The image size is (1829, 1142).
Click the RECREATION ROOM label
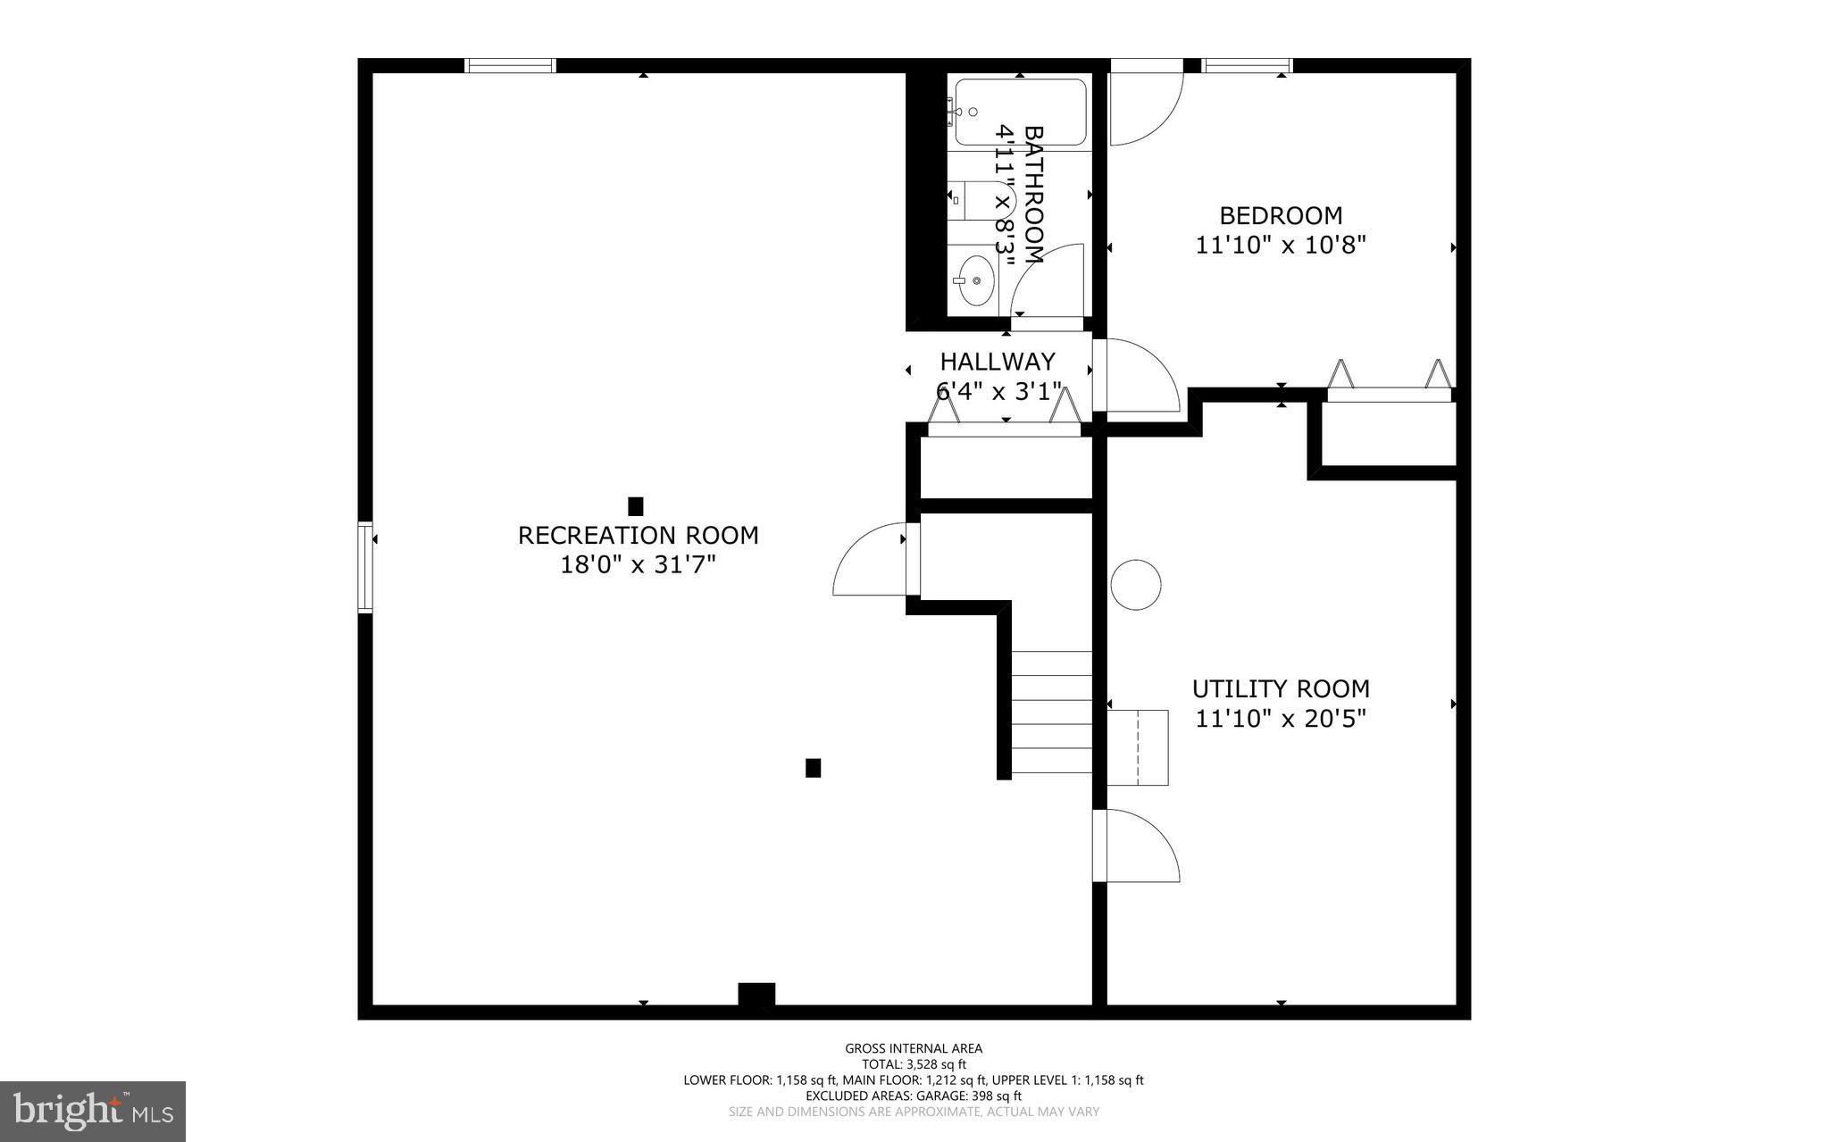(638, 535)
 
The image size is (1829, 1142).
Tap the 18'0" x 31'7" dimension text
(638, 564)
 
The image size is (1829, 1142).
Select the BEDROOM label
(1281, 215)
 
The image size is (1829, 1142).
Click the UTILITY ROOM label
(1281, 688)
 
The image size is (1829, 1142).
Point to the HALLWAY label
(998, 362)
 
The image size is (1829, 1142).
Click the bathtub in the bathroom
(1020, 113)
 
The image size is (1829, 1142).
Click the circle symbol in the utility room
(1136, 585)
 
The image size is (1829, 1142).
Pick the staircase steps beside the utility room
(1051, 712)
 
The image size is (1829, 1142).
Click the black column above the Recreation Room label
(636, 506)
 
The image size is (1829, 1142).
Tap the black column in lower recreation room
(813, 768)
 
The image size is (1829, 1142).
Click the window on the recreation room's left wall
(365, 568)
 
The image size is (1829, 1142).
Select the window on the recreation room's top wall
(511, 65)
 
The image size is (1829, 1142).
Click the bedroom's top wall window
(1247, 65)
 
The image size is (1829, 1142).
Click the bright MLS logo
(92, 1111)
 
